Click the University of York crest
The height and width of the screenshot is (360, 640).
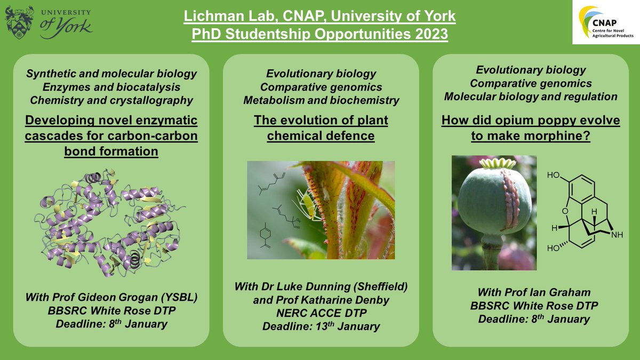19,22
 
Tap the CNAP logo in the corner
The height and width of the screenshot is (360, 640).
606,22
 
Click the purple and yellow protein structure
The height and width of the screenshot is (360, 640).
110,223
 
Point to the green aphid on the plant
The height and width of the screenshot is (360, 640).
307,204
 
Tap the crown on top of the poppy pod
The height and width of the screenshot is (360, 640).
498,164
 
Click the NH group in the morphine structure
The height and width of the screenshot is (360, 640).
617,235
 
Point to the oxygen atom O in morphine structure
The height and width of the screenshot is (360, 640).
565,211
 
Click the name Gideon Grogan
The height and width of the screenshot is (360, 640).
118,298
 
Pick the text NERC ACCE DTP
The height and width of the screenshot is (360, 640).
321,313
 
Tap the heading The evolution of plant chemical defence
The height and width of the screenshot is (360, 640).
321,128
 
